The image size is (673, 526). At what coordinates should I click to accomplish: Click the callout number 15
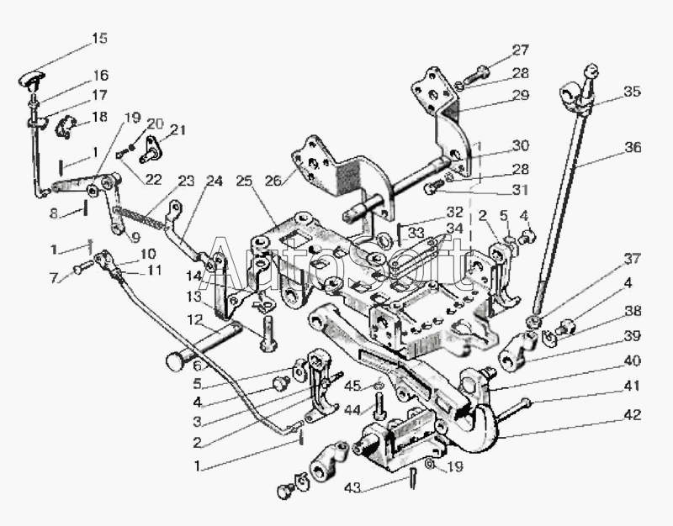click(x=99, y=38)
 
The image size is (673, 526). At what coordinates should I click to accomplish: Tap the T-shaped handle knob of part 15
click(x=32, y=79)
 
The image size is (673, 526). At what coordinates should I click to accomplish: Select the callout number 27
click(x=520, y=50)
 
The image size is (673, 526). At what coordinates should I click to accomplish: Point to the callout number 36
click(x=633, y=147)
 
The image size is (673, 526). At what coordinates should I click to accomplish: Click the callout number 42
click(x=633, y=414)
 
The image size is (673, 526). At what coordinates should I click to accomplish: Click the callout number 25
click(x=245, y=181)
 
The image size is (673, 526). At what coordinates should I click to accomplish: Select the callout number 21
click(x=178, y=129)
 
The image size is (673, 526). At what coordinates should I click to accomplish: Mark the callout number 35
click(x=633, y=92)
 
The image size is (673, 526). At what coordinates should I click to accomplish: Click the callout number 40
click(x=633, y=360)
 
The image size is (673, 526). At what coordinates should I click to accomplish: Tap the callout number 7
click(x=54, y=278)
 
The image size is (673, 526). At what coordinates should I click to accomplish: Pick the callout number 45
click(x=352, y=386)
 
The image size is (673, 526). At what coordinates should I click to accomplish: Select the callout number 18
click(x=99, y=116)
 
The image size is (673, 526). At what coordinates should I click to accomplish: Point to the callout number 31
click(x=520, y=190)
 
